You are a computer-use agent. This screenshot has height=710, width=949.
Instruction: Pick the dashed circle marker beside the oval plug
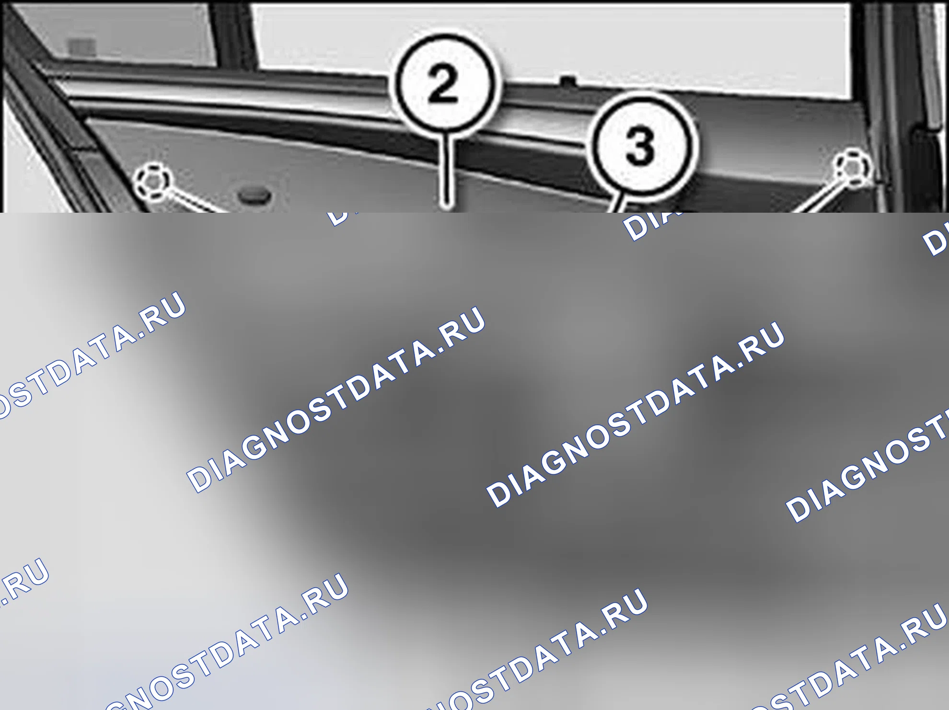click(152, 182)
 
